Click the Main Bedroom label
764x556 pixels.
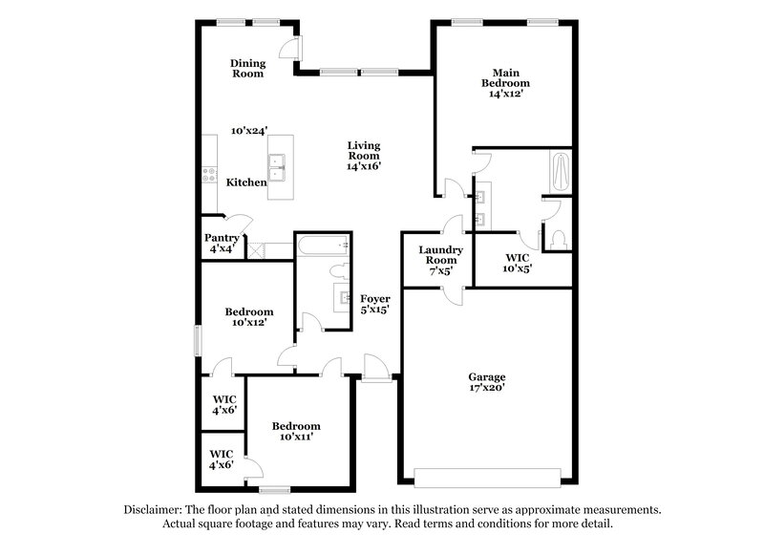coord(504,83)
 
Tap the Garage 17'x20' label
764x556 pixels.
coord(486,381)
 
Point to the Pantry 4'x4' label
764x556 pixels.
coord(221,243)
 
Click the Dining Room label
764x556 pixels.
coord(246,68)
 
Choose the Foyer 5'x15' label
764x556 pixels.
coord(373,304)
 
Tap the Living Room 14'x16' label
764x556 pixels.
coord(363,155)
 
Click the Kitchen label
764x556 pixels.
coord(245,182)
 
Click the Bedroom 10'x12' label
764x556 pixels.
coord(248,316)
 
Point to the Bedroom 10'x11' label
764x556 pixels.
coord(295,431)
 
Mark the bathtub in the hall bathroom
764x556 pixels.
coord(322,246)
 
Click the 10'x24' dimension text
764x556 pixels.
coord(249,130)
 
